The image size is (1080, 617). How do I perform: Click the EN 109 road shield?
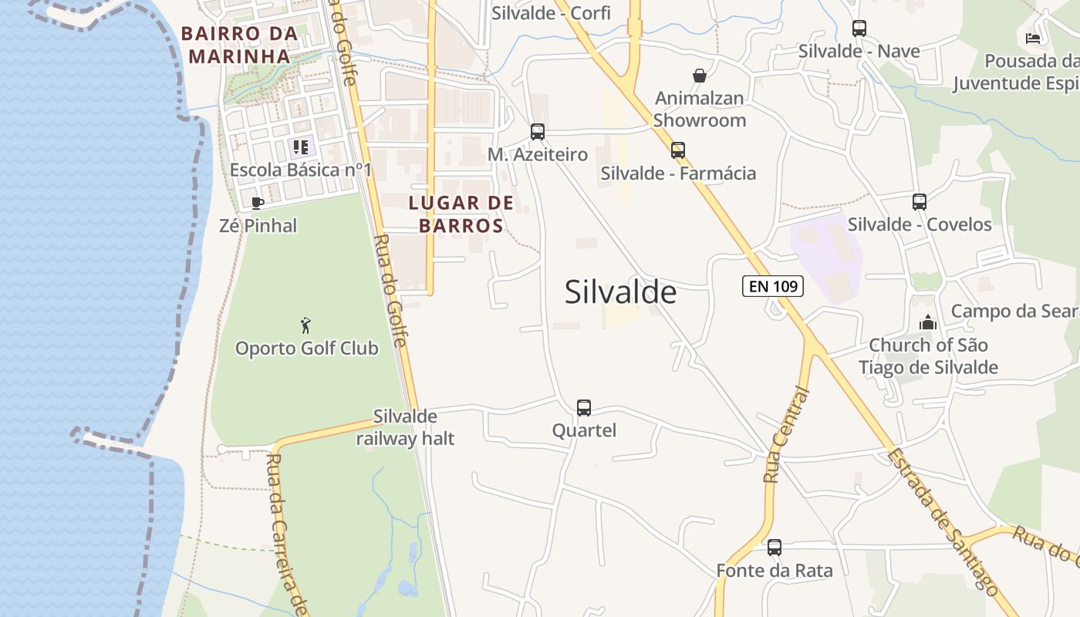(x=773, y=286)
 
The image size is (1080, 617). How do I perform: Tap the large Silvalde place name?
(x=620, y=292)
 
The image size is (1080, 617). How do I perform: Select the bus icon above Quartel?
(x=584, y=407)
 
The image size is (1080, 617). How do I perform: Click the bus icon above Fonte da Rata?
(x=775, y=548)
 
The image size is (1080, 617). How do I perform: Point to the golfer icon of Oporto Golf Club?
(x=306, y=325)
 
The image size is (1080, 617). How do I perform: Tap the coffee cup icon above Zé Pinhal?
(x=258, y=203)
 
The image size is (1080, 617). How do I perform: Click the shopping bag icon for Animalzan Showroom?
(x=700, y=76)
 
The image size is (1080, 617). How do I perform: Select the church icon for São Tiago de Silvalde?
(x=928, y=322)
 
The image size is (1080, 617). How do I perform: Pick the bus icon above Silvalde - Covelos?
(x=920, y=202)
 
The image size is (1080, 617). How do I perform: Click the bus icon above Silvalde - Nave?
(x=859, y=29)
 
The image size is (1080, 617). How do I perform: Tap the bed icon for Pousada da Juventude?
(x=1033, y=38)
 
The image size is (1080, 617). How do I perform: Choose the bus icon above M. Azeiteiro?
(x=538, y=132)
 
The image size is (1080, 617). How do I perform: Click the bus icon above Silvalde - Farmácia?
(x=678, y=150)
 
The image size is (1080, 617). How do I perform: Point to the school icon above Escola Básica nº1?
(x=301, y=147)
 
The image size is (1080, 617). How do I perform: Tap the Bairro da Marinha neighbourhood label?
(x=239, y=45)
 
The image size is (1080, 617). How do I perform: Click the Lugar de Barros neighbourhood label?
(x=461, y=214)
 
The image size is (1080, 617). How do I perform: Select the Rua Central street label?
(x=786, y=437)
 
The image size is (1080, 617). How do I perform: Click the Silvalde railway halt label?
(x=405, y=428)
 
